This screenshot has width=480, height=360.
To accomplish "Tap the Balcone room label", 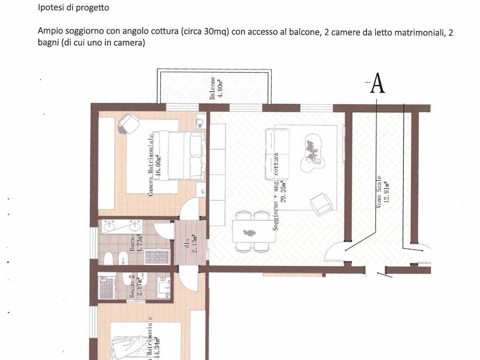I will point(213,88).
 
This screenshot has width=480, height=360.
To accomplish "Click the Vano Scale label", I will point(379,192).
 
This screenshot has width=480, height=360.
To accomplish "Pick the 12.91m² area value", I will point(387,192).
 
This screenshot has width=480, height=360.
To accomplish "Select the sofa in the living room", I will point(277,154).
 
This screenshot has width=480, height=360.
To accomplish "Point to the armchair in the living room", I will point(322,204).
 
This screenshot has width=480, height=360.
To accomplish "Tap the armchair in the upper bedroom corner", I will point(129,124).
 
